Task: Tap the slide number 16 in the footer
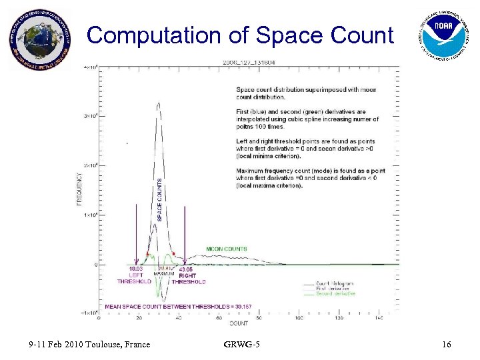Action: (446, 345)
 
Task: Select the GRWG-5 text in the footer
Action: (243, 345)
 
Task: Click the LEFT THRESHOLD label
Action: (135, 278)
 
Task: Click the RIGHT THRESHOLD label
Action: (189, 278)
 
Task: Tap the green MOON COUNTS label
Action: (226, 249)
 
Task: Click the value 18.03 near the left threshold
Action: (136, 269)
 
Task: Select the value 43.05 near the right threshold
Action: (187, 269)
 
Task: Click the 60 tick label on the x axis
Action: (219, 317)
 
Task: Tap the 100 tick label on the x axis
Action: (299, 317)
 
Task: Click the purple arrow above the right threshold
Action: (185, 233)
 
